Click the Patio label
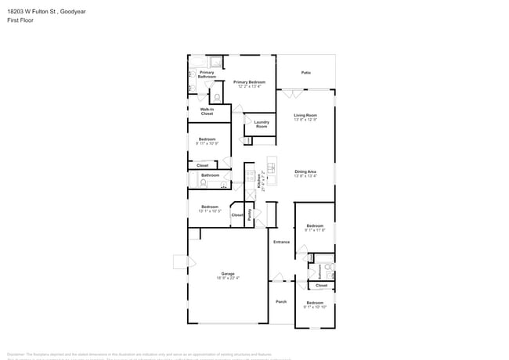click(305, 73)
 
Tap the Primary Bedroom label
click(251, 81)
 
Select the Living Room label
click(305, 115)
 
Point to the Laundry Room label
click(262, 124)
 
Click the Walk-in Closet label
click(207, 111)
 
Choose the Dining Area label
click(305, 171)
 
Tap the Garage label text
click(227, 273)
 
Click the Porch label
click(281, 301)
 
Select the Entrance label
click(281, 242)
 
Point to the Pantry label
click(250, 214)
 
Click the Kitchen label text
click(259, 182)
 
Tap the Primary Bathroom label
click(207, 74)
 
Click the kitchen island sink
click(272, 166)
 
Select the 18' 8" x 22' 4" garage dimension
click(227, 278)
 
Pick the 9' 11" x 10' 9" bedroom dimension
click(208, 143)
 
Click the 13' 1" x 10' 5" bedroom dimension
click(209, 211)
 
